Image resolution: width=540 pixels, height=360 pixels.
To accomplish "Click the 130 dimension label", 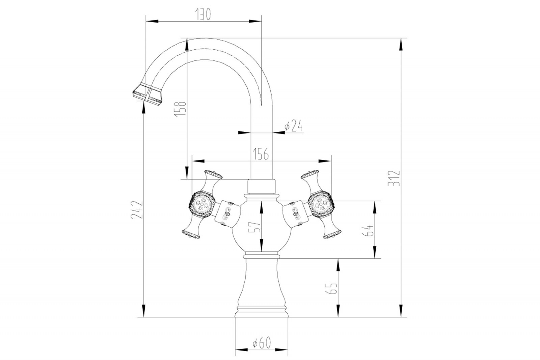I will [203, 14].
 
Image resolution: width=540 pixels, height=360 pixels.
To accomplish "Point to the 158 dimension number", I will [181, 108].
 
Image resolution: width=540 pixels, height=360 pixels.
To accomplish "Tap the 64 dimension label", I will [369, 230].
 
